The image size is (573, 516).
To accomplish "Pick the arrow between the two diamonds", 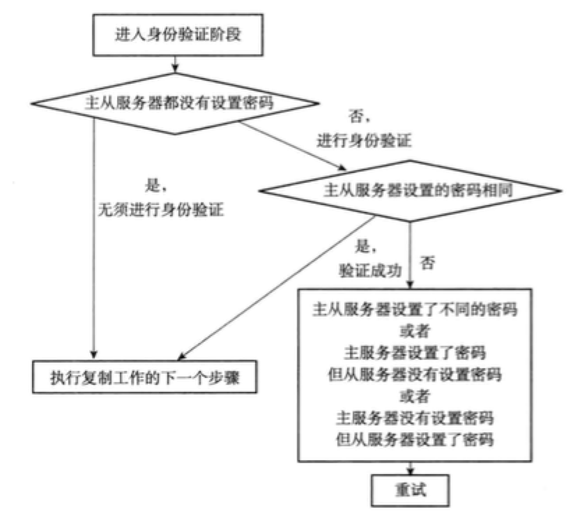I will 293,146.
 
